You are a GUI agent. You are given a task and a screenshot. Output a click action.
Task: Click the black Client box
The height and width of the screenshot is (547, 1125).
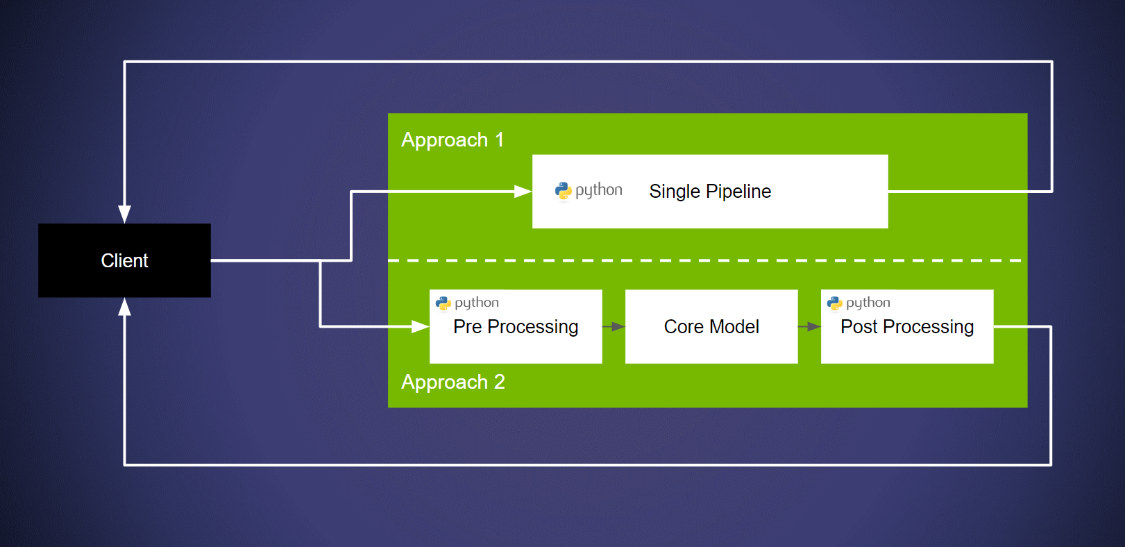124,260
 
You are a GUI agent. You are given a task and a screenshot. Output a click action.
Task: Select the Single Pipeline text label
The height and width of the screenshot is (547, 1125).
709,192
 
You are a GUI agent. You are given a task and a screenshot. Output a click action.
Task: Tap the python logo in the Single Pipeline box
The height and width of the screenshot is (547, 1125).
563,191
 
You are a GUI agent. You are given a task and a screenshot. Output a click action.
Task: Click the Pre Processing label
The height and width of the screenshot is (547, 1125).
515,327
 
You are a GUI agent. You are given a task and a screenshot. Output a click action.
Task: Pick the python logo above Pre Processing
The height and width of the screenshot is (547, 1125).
443,303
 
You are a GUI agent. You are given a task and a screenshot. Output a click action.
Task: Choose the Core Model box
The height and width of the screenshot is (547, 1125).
711,326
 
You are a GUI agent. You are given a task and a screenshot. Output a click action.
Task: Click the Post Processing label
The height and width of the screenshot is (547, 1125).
906,327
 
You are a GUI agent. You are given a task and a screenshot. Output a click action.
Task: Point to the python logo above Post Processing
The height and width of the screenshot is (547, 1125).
835,303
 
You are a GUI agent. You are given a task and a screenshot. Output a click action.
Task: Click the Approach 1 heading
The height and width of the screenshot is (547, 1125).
452,140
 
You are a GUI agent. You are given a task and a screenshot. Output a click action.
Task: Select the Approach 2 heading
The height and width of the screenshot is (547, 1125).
452,382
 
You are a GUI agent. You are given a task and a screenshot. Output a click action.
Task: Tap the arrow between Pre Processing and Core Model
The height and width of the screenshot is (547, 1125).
614,326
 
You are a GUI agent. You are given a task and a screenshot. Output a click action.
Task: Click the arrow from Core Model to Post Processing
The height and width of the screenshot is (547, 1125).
809,326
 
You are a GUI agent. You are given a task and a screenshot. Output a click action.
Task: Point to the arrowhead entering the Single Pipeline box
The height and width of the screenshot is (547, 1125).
523,192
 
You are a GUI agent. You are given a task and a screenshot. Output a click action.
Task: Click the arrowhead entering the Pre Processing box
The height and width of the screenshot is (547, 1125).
420,326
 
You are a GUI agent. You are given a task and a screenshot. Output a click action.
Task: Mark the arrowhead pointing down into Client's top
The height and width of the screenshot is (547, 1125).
124,214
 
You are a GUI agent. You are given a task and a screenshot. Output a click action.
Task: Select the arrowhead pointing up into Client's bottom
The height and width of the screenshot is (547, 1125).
124,308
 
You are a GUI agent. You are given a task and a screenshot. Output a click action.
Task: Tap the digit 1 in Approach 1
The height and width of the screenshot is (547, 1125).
499,140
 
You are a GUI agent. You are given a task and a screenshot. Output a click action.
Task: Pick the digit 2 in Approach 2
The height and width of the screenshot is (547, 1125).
499,382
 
